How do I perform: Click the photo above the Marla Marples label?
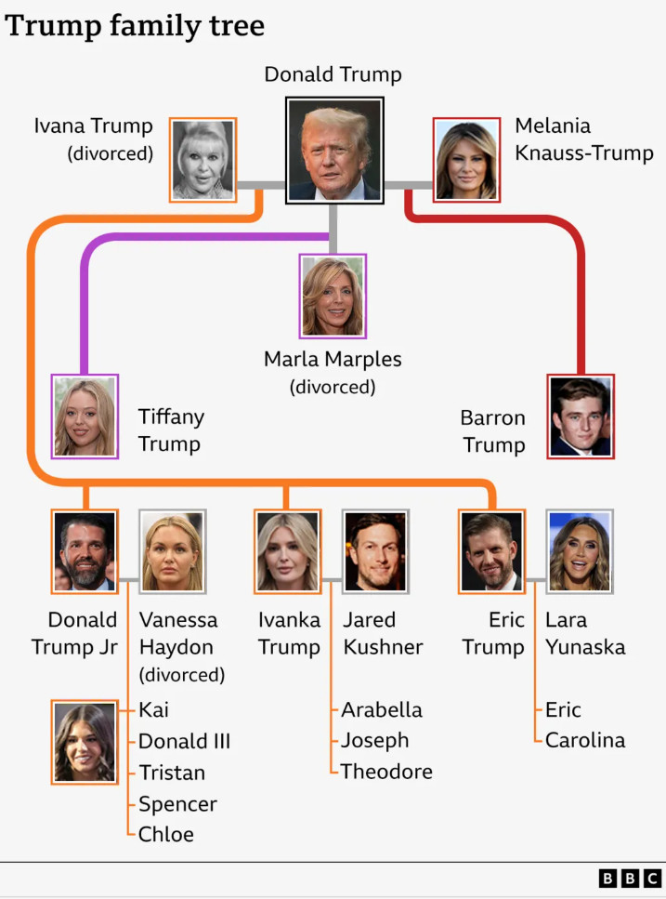point(333,297)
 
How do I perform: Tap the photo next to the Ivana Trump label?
point(202,160)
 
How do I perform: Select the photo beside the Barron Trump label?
point(581,416)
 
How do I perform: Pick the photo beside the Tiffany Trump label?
point(85,416)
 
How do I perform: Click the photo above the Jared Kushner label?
point(375,551)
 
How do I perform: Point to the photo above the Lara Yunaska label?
point(580,551)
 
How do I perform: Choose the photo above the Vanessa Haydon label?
point(173,551)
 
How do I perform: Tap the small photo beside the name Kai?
point(85,743)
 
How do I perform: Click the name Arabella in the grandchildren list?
point(382,709)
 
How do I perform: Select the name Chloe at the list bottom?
point(166,834)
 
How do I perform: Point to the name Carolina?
point(585,740)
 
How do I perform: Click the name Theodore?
point(386,772)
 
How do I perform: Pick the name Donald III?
point(185,741)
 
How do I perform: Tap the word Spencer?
point(178,804)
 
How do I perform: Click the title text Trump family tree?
point(135,26)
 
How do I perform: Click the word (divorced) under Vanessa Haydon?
point(182,675)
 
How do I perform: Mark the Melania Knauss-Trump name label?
point(584,139)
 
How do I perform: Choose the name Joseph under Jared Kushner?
point(375,741)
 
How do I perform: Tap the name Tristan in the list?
point(172,773)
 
